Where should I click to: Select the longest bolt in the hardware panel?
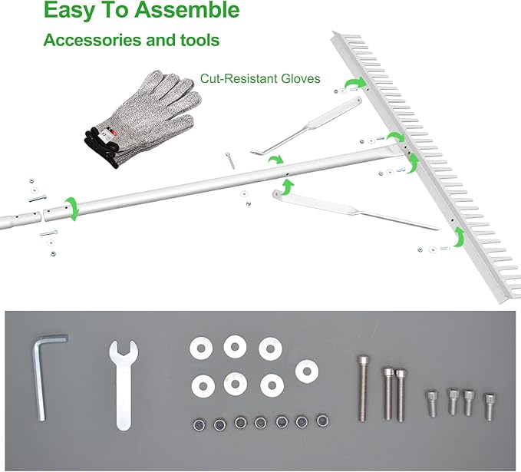(x=363, y=388)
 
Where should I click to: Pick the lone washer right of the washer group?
(x=307, y=371)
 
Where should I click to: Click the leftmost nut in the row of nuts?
(x=199, y=424)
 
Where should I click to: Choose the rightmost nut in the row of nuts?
(x=322, y=421)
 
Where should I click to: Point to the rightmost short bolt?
(x=489, y=407)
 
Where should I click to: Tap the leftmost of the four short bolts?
(x=430, y=403)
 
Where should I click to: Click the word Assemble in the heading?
(x=187, y=10)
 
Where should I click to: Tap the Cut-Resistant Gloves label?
(x=260, y=79)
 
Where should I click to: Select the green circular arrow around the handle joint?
(x=71, y=209)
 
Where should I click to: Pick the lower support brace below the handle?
(x=354, y=210)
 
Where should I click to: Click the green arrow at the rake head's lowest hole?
(x=459, y=236)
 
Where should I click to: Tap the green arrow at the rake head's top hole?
(x=357, y=82)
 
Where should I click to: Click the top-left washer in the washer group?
(x=200, y=348)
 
